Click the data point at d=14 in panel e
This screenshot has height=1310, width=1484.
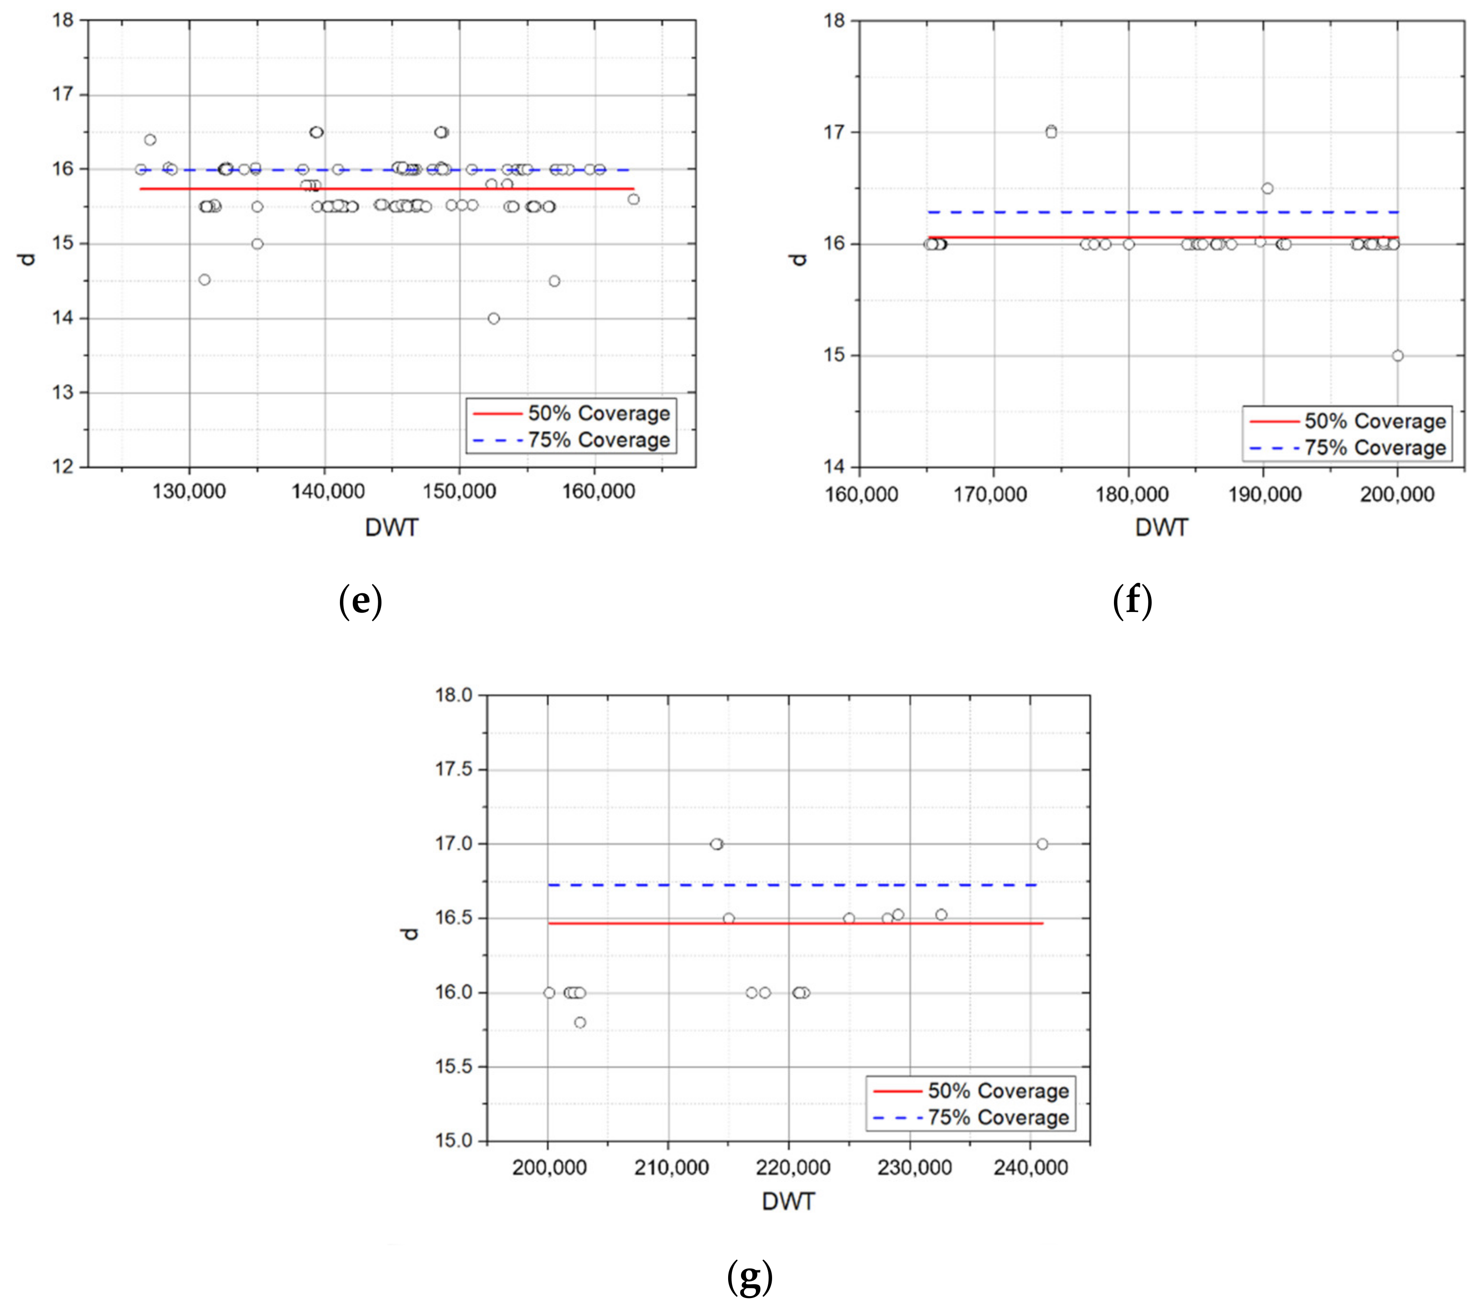(494, 318)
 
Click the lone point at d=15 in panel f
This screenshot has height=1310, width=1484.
(1397, 356)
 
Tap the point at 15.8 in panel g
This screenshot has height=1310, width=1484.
(579, 1023)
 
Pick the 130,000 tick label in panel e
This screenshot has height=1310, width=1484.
(189, 491)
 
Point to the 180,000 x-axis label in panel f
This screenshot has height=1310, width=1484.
(1131, 494)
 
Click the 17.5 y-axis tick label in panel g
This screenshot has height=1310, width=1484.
(453, 769)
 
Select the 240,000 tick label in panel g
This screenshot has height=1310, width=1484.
(1030, 1168)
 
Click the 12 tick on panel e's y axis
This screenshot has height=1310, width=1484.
(63, 466)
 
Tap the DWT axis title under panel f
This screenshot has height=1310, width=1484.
(1162, 528)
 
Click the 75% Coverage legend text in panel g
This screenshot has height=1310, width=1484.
(998, 1118)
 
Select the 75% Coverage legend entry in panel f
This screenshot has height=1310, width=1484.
(1375, 448)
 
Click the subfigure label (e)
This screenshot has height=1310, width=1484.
(361, 602)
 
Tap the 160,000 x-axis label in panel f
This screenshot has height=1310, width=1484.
(861, 494)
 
